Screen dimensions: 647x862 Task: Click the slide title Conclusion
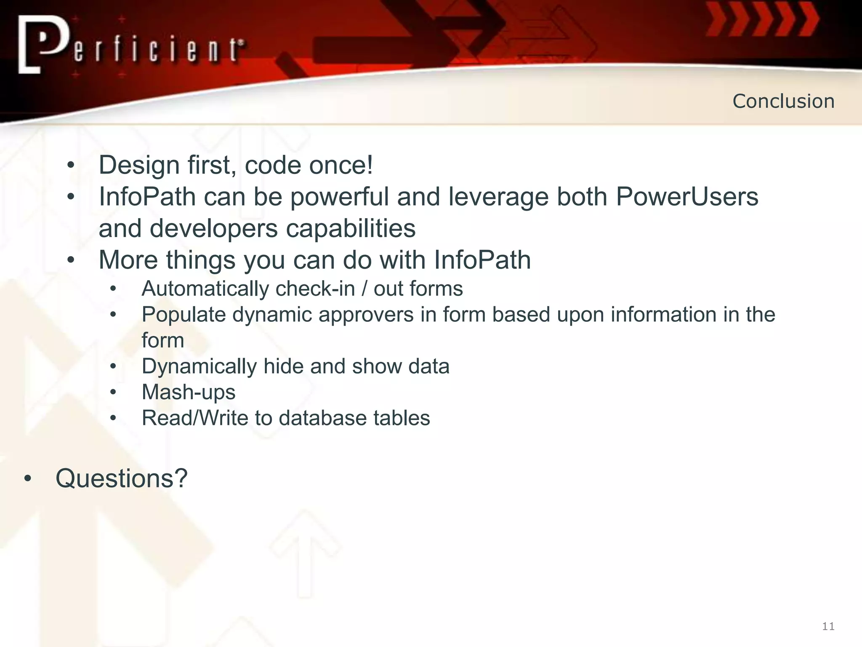tap(783, 101)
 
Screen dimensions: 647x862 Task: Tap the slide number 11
tap(828, 626)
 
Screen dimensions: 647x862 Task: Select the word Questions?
tap(121, 479)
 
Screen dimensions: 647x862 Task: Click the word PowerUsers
tap(687, 197)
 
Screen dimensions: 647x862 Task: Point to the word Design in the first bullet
tap(139, 165)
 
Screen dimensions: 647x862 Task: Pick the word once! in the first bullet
tap(341, 165)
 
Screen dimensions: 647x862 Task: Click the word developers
tap(213, 229)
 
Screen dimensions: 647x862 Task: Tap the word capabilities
tap(351, 229)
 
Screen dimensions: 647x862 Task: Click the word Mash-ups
tap(189, 393)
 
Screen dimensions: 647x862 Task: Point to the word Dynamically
tap(199, 366)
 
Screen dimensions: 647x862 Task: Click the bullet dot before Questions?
tap(28, 479)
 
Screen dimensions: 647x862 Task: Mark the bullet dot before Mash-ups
tap(113, 393)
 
